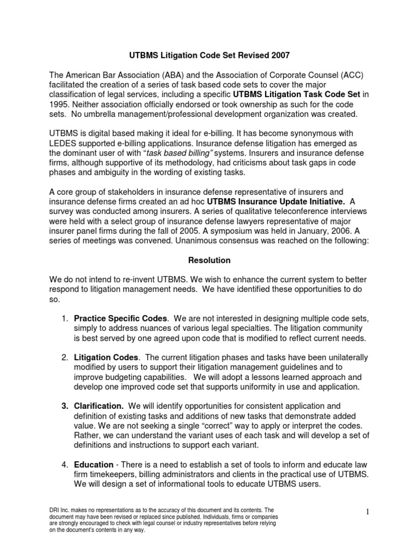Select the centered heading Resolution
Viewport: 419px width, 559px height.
point(209,261)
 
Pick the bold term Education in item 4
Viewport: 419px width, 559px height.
point(93,465)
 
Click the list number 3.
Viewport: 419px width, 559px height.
point(64,406)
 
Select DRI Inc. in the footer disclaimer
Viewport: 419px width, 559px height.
point(58,509)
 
